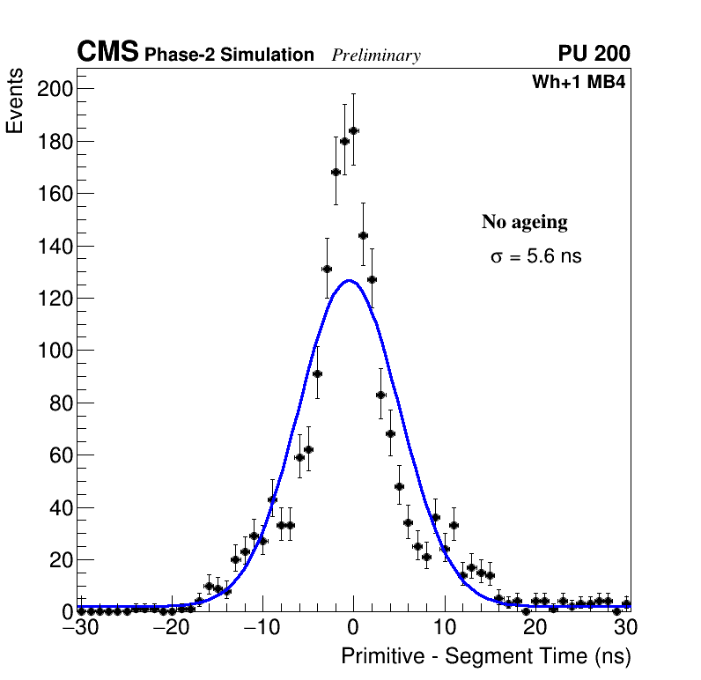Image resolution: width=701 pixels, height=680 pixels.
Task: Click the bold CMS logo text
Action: click(x=107, y=53)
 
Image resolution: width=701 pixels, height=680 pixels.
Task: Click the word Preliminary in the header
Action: click(x=376, y=56)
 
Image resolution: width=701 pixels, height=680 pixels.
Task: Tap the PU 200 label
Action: click(x=594, y=54)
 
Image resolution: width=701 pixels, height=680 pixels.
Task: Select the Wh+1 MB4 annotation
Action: click(x=579, y=83)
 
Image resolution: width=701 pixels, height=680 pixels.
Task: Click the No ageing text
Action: click(x=525, y=222)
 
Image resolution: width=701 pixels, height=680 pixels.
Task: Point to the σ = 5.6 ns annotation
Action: click(x=536, y=257)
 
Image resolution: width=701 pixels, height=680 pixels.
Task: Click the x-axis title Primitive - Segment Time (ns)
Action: click(x=486, y=657)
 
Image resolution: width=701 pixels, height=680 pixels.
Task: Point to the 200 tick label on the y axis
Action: click(x=55, y=89)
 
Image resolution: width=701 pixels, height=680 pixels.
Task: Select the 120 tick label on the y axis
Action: click(x=55, y=299)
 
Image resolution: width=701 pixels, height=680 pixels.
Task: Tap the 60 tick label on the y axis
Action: click(x=61, y=455)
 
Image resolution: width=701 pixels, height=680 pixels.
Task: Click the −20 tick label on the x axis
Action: click(x=171, y=629)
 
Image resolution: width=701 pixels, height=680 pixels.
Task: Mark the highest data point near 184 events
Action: click(x=354, y=130)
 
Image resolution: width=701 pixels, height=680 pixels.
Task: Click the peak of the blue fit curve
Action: click(x=350, y=281)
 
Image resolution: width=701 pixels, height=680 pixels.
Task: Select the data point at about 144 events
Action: click(x=363, y=235)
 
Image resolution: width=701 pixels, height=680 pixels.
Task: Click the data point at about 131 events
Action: click(x=327, y=269)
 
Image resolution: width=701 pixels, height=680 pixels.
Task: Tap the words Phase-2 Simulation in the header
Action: click(x=229, y=55)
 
